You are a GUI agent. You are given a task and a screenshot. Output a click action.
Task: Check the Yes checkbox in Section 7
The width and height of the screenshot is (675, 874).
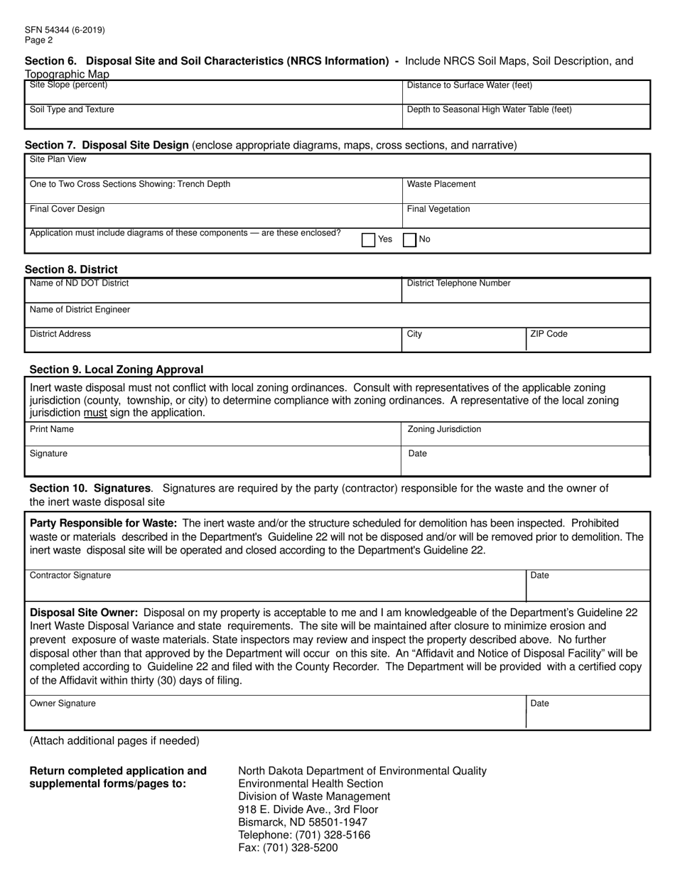pos(368,240)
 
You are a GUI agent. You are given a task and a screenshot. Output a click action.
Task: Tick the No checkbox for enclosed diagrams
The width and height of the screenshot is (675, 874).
pos(409,240)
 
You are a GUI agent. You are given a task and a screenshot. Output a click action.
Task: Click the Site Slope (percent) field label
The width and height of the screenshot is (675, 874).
pos(68,85)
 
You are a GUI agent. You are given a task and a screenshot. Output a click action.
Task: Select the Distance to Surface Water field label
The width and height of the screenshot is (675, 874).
pos(469,86)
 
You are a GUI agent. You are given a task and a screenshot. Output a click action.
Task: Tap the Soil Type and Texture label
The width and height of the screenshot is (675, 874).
pos(71,109)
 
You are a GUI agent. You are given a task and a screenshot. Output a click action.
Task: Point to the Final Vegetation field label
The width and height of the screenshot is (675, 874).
pos(438,209)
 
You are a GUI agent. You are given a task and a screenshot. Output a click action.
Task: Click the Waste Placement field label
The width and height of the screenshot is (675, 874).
pos(441,184)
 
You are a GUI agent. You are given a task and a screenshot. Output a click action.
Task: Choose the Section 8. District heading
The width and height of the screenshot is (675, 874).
pos(71,269)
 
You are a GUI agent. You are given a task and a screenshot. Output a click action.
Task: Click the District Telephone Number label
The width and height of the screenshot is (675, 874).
pos(458,284)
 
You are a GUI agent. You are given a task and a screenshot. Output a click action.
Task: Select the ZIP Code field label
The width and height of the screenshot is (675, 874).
pos(549,334)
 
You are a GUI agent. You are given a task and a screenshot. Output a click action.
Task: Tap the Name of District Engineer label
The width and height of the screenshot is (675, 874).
pos(80,310)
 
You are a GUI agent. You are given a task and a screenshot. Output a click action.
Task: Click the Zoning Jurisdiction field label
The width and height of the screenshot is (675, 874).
pos(444,429)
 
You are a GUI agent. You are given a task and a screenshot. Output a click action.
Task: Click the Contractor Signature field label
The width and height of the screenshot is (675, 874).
pos(70,576)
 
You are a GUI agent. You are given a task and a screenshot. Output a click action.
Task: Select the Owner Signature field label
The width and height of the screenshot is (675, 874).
pos(62,703)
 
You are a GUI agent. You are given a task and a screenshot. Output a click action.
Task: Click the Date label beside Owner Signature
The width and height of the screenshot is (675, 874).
pos(539,703)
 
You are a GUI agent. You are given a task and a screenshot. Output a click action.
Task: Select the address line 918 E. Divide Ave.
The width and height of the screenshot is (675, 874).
pos(308,809)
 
